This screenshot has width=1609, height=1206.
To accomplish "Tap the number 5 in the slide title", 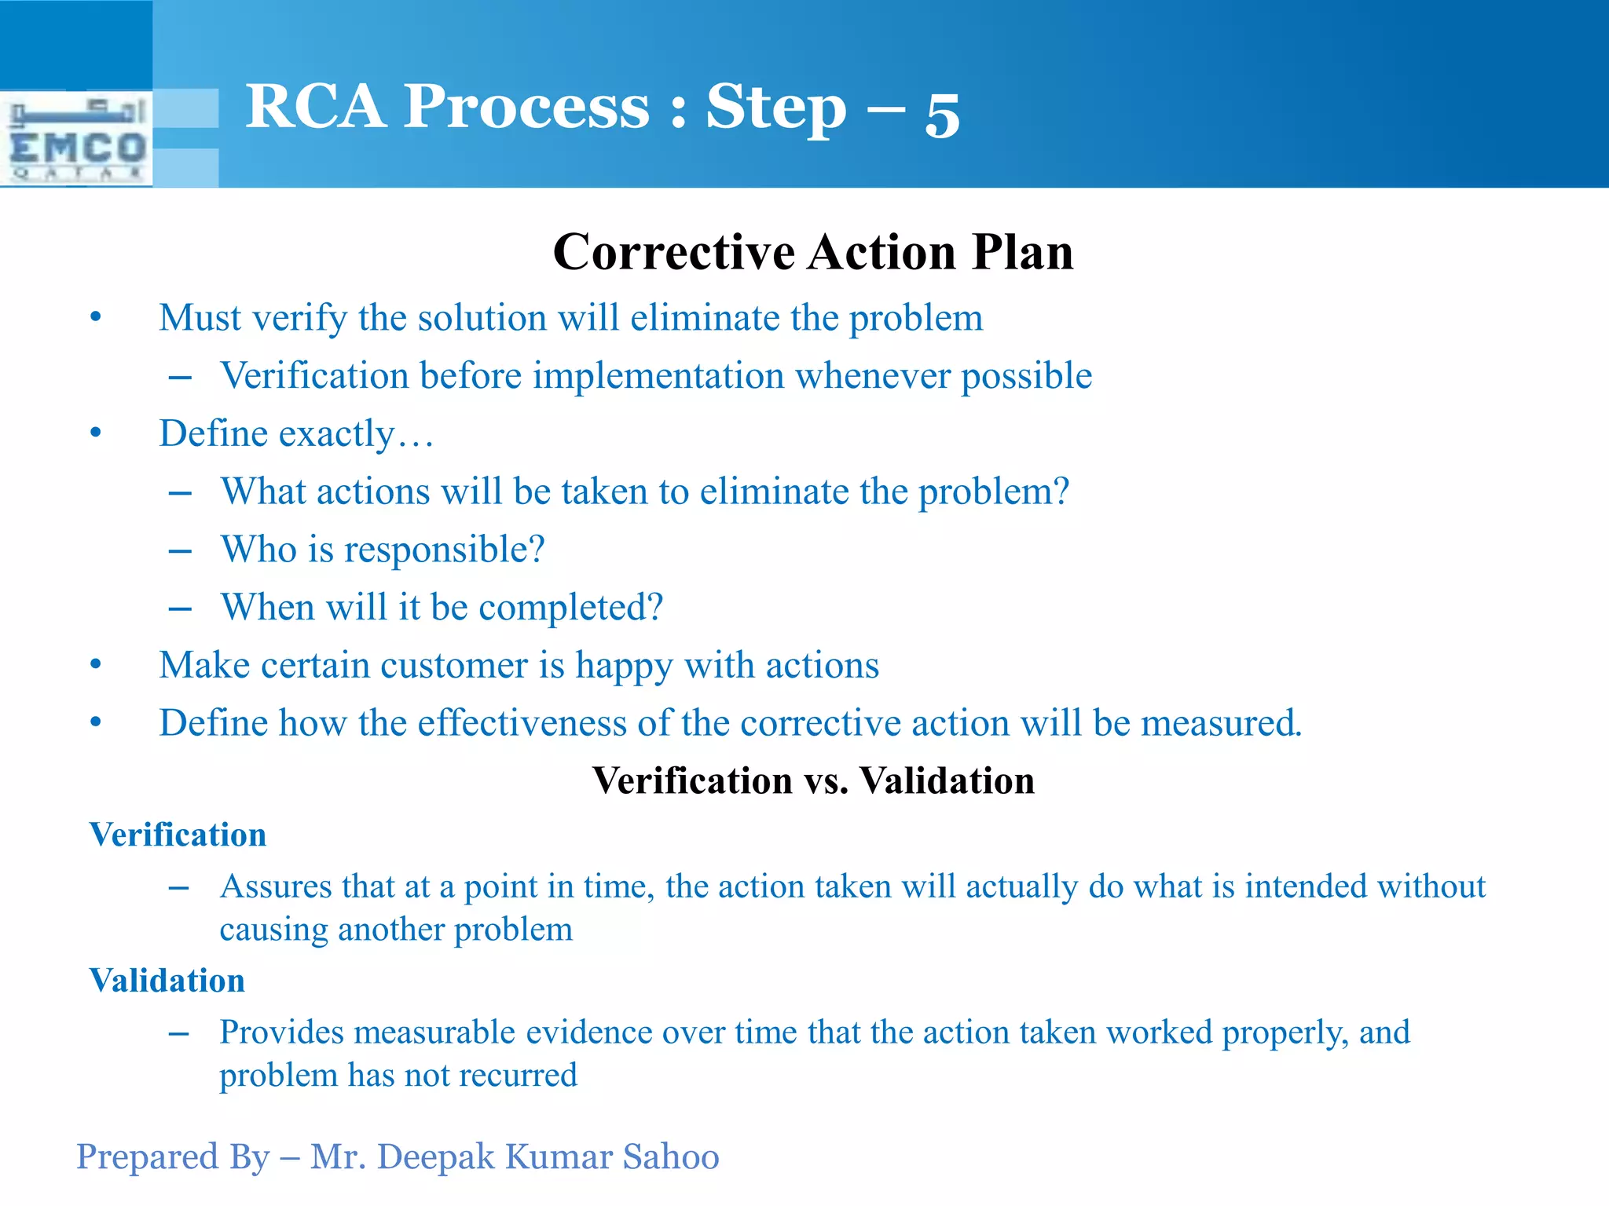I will point(942,115).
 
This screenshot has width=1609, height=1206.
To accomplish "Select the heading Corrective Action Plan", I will point(812,252).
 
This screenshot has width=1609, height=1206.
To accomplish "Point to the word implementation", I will point(658,376).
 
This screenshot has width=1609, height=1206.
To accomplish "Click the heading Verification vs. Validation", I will point(812,780).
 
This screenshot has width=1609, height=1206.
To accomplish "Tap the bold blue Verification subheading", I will point(178,835).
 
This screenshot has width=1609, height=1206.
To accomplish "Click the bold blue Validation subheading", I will point(167,981).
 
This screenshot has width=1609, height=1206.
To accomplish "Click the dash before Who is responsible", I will point(180,551).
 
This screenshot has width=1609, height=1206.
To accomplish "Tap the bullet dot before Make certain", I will point(96,665).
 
